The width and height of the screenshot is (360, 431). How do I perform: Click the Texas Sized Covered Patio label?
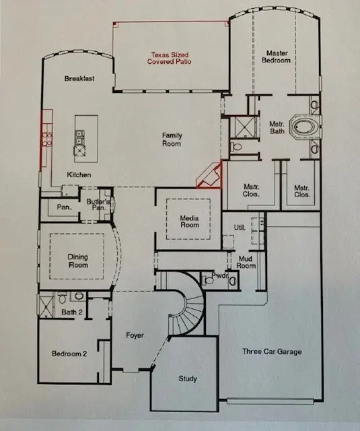tap(170, 58)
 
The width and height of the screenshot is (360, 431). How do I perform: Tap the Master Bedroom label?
tap(277, 57)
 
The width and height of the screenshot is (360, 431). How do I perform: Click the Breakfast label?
tap(79, 79)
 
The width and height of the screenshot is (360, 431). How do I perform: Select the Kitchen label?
tap(79, 175)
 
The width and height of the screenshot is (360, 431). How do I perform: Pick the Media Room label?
tap(188, 222)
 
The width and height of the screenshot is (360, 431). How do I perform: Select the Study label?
tap(188, 379)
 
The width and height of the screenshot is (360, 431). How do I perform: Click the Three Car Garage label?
tap(271, 352)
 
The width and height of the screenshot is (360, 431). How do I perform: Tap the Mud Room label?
tap(247, 263)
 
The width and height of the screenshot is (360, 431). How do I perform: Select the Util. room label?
tap(238, 227)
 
